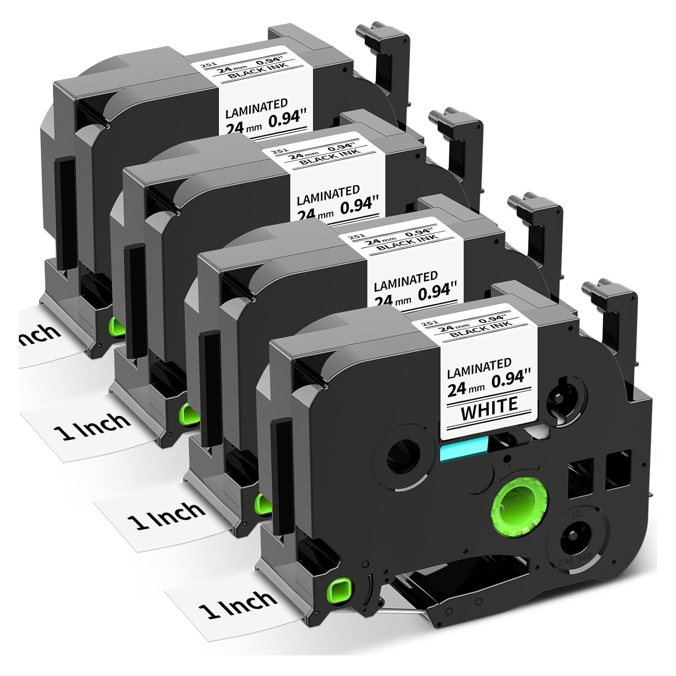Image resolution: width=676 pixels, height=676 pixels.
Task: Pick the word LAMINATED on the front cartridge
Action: (479, 366)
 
